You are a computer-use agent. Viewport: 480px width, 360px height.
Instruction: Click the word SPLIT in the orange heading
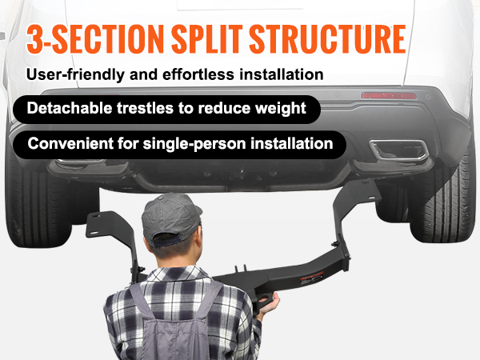coord(207,39)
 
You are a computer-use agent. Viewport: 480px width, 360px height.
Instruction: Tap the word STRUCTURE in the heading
coord(328,39)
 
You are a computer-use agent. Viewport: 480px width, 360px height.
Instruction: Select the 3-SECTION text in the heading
coord(95,39)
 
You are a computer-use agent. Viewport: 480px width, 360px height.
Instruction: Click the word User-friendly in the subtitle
coord(76,74)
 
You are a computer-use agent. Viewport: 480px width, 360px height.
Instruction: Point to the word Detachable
coord(70,108)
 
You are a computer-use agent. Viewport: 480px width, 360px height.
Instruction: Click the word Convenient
coord(70,143)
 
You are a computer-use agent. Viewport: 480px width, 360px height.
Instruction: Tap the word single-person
coord(194,144)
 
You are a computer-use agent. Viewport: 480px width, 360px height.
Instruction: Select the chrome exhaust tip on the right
coord(399,150)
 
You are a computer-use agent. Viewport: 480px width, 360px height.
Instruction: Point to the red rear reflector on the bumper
coord(389,95)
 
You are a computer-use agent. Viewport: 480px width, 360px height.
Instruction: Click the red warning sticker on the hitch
coord(312,278)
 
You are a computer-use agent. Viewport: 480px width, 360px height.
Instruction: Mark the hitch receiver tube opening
coord(266,298)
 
